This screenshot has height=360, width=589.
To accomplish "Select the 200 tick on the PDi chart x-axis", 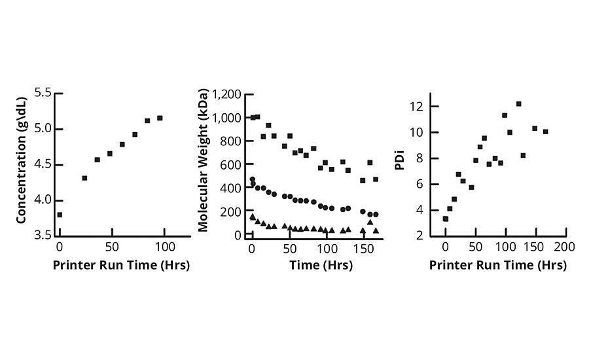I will (565, 247).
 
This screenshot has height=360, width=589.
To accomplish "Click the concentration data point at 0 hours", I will (60, 215).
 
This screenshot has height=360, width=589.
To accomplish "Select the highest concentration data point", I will (160, 118).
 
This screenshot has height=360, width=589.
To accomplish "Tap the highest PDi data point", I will (518, 103).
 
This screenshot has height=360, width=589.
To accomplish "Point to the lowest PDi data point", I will (446, 219).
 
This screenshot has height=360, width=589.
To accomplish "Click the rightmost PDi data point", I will (545, 132).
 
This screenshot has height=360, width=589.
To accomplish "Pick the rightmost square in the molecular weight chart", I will (376, 179).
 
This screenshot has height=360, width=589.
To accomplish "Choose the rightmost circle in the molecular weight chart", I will (376, 215).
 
